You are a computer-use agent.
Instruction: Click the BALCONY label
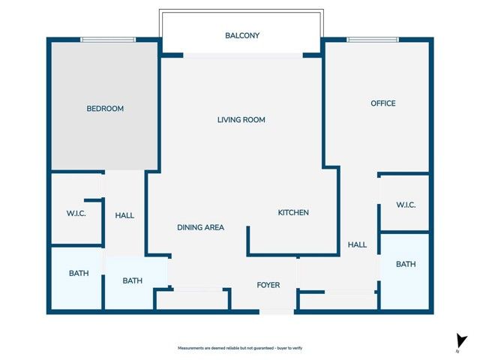click(242, 35)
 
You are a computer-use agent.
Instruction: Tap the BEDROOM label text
click(105, 109)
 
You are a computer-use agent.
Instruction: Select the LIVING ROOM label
click(241, 120)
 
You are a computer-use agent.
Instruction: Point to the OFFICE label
click(382, 103)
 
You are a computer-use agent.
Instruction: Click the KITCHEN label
click(293, 213)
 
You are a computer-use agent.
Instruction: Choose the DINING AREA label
click(200, 227)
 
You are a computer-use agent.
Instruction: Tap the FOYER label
click(268, 285)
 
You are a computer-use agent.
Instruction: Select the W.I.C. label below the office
click(406, 205)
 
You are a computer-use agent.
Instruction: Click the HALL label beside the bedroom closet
click(124, 215)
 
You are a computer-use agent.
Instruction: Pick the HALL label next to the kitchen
click(357, 244)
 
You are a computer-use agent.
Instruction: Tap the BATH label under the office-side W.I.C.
click(406, 264)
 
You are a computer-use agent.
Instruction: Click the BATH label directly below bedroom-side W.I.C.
click(79, 274)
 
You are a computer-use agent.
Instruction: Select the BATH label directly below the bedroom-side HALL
click(133, 281)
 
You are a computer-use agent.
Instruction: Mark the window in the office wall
click(373, 40)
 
